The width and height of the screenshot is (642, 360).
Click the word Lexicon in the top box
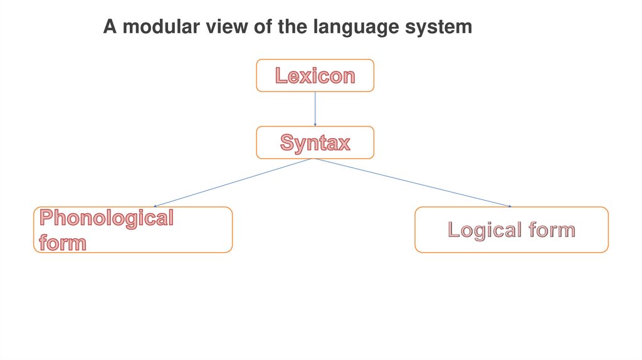point(315,76)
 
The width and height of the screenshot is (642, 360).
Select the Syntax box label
point(315,142)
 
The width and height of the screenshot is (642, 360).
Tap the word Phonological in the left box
point(106,218)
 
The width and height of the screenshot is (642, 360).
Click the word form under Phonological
point(63,241)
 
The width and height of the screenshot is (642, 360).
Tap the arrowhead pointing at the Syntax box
point(315,124)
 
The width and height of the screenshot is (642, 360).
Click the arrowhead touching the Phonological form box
point(155,205)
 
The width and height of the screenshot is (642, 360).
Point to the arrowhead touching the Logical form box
point(510,206)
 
